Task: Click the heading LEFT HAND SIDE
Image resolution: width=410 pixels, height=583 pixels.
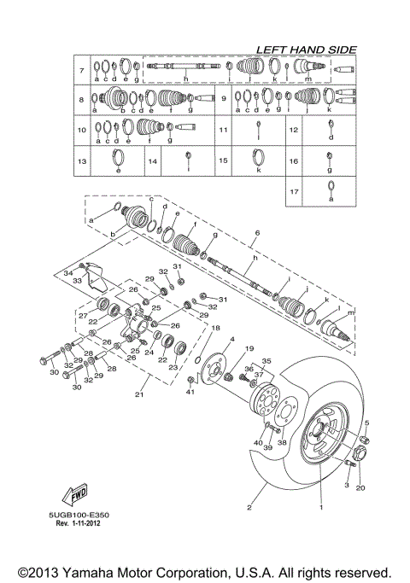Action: click(x=301, y=50)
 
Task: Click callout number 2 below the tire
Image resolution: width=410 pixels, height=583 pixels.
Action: click(x=249, y=507)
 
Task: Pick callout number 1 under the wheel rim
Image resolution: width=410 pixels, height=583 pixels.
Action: click(x=321, y=507)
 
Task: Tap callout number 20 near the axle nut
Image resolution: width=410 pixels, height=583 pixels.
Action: click(x=359, y=488)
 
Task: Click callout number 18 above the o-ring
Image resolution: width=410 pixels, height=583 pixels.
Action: click(x=215, y=328)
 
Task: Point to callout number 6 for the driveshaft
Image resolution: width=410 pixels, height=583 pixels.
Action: click(x=255, y=232)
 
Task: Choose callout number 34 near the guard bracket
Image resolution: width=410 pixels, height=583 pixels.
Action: click(x=68, y=272)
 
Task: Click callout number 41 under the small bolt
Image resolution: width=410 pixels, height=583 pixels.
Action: click(x=191, y=392)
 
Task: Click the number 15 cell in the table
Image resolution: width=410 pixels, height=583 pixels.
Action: click(x=223, y=160)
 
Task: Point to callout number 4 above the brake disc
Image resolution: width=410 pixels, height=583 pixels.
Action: click(x=230, y=341)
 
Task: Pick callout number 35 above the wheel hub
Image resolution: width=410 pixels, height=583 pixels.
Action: click(x=266, y=361)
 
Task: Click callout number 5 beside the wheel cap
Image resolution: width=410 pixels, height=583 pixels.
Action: click(x=367, y=424)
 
